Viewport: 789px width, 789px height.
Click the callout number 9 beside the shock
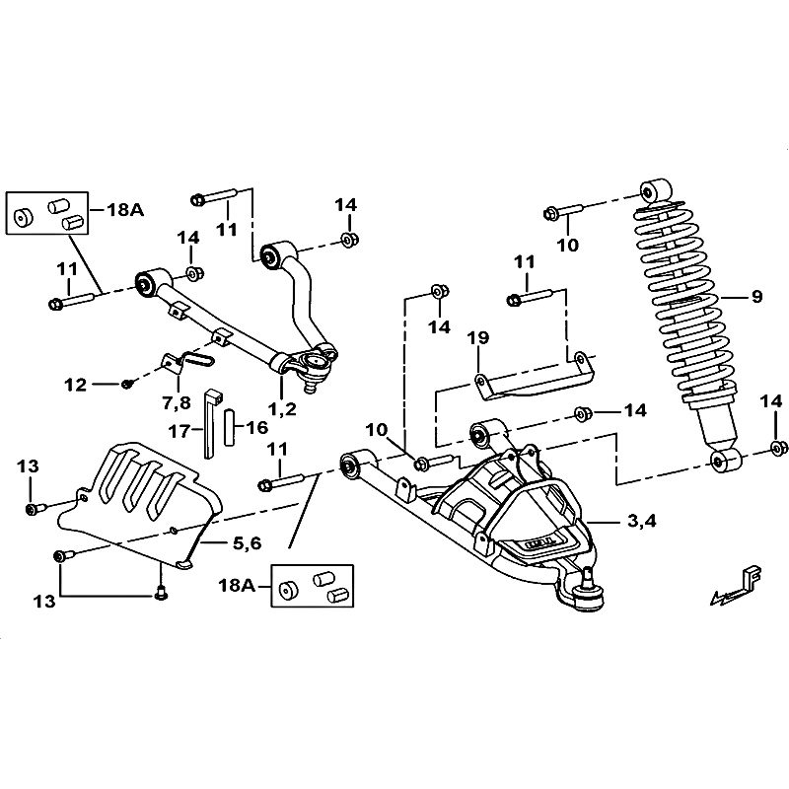point(756,296)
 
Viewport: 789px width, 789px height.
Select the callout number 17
point(178,430)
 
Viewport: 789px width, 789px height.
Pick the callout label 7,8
point(178,403)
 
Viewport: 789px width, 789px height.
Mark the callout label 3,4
point(640,521)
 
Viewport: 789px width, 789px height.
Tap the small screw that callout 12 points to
point(127,383)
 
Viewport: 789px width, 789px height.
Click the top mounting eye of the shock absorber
point(652,190)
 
